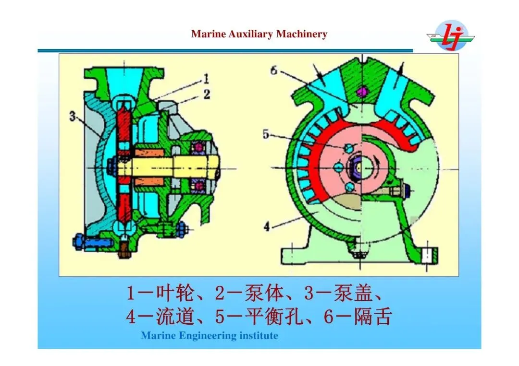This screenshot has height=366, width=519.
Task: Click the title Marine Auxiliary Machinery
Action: (259, 34)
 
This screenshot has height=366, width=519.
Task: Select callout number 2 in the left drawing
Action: (206, 94)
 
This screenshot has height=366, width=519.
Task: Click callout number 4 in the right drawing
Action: (267, 224)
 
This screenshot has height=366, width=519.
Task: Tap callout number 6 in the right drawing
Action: (274, 70)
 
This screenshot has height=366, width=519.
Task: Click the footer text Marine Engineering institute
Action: (209, 335)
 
